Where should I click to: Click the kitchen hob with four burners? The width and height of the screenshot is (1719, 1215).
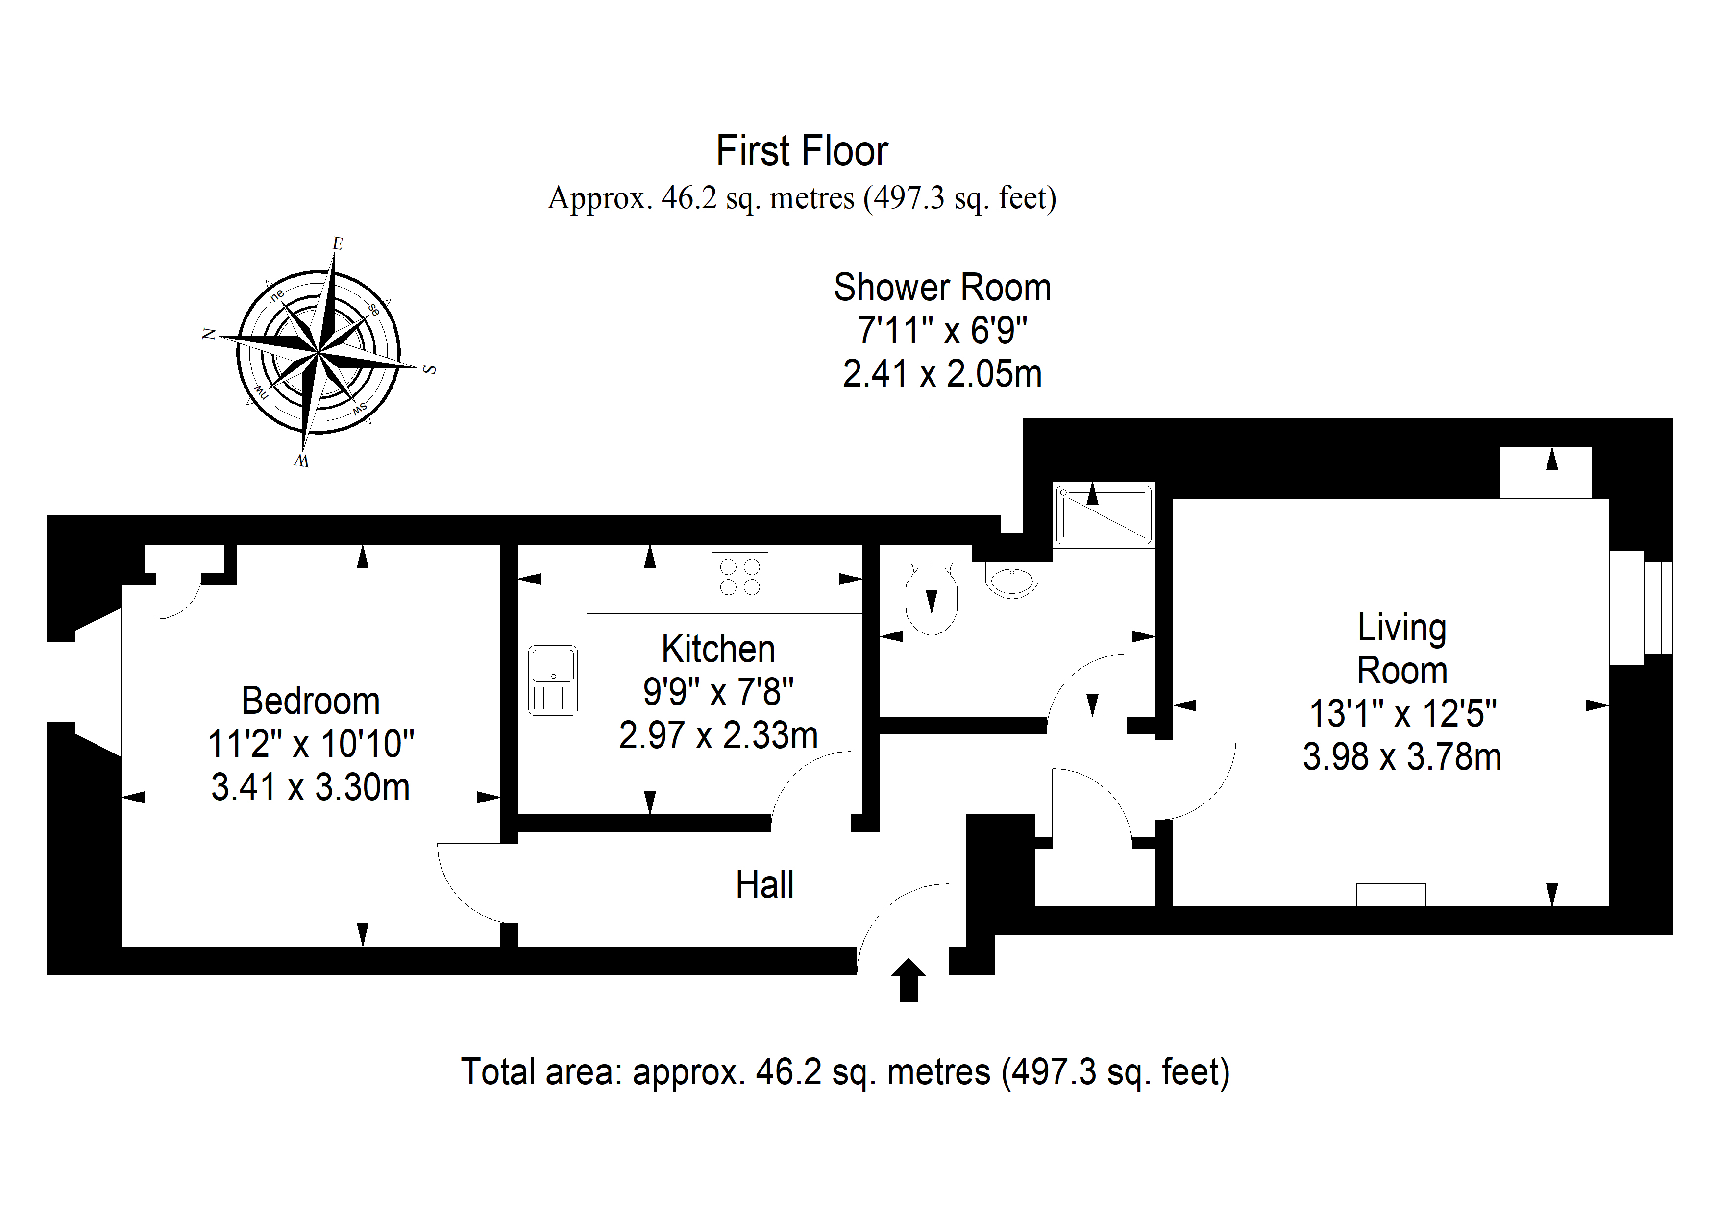[740, 577]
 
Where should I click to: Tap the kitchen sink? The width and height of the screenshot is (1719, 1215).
[553, 680]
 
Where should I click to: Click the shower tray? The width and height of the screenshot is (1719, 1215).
[1104, 514]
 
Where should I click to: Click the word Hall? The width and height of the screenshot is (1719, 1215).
[764, 884]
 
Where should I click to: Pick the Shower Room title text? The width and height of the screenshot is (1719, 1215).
[943, 288]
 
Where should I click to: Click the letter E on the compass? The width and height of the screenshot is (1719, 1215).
[338, 243]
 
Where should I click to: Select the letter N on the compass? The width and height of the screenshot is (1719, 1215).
[209, 334]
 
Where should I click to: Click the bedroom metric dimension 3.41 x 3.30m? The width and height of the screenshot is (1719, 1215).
[311, 787]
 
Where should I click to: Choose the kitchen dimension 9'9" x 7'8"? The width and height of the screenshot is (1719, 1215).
[718, 692]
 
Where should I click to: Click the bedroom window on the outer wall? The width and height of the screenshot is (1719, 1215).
[61, 682]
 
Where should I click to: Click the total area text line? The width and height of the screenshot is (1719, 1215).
[845, 1071]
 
